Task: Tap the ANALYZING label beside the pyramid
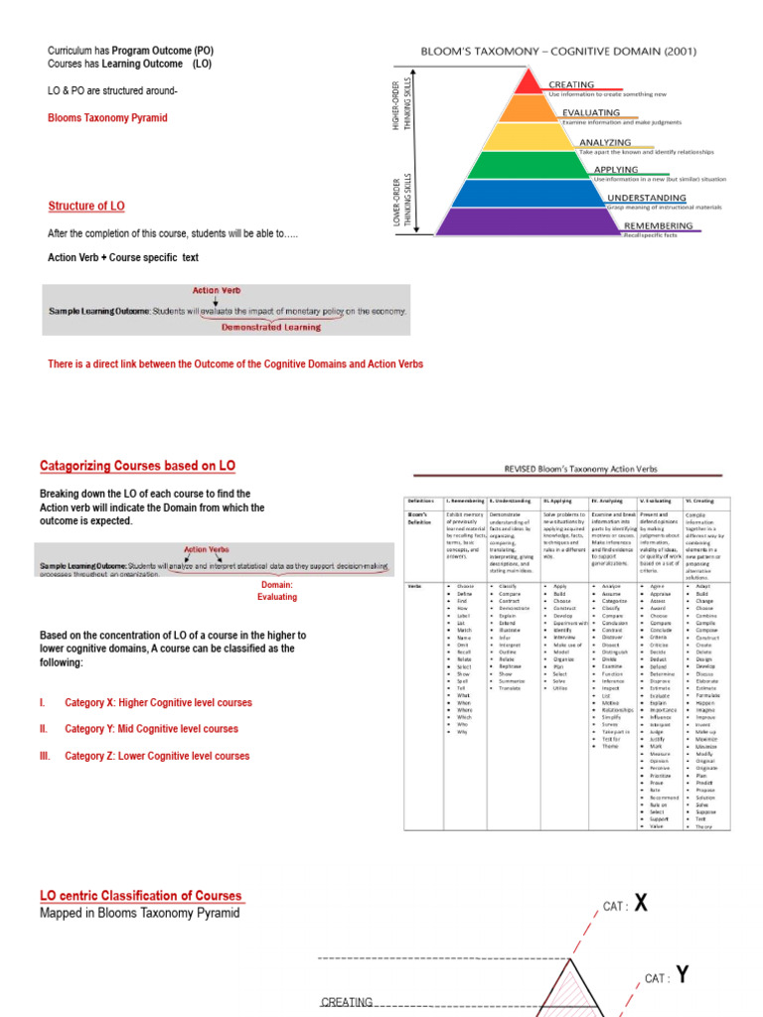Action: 604,143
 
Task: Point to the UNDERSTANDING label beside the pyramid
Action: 646,198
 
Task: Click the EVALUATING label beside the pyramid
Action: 591,113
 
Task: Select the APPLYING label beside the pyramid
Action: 616,170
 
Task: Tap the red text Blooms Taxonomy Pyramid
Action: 107,118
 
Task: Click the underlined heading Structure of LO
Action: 86,207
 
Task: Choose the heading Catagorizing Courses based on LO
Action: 137,465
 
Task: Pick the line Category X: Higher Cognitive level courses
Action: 158,703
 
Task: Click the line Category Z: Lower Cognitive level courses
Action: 157,756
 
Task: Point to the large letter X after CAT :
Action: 642,903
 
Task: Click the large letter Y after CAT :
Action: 683,975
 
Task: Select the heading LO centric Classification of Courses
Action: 141,896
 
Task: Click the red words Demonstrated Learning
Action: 270,327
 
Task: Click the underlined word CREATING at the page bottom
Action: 346,1003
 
